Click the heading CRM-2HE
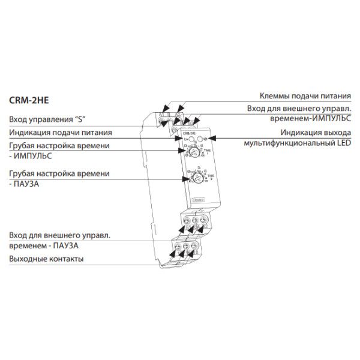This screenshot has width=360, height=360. pos(28,101)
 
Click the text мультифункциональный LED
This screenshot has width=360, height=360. pos(298,144)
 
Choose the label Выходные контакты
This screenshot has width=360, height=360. pos(46,259)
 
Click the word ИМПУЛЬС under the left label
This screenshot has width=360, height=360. pos(33,156)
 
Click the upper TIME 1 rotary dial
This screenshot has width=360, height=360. pos(194,152)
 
